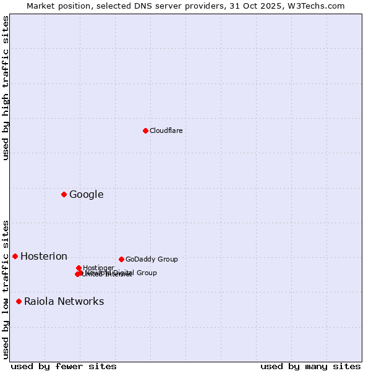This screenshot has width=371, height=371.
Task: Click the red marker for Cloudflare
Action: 145,130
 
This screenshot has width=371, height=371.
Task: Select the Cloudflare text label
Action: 166,130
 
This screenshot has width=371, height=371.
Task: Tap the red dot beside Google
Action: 64,194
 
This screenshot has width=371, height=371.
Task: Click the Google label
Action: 87,195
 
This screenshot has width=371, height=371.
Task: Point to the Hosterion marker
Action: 15,256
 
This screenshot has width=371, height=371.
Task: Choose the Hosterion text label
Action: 44,257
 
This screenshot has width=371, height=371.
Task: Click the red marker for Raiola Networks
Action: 19,301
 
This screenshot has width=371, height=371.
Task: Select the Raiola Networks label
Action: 64,302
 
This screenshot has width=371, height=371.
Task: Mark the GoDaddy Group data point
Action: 121,259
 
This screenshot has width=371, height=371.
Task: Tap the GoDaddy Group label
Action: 151,260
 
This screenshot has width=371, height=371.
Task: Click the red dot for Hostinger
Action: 79,268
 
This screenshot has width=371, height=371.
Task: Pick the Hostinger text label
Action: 99,268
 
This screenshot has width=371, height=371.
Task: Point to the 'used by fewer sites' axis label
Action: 64,366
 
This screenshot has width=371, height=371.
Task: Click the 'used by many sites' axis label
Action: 310,366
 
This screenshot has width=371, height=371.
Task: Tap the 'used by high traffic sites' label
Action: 6,88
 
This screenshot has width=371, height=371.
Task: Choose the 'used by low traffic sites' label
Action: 6,289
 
